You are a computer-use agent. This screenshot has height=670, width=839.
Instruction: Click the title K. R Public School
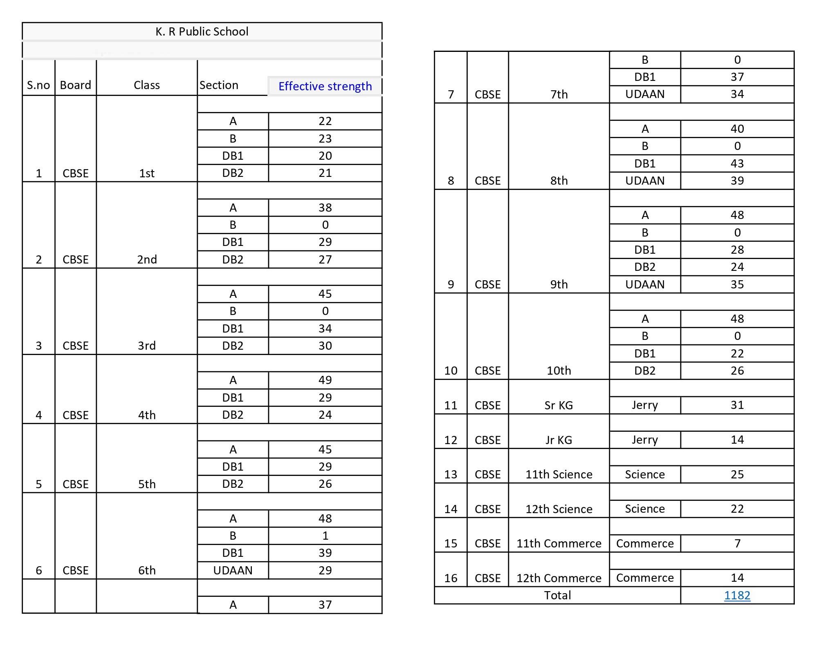tap(202, 31)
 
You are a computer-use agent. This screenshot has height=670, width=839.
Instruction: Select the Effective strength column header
tap(325, 86)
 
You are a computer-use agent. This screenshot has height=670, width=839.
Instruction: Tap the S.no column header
tap(38, 85)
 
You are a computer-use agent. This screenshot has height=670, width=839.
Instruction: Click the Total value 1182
tap(737, 595)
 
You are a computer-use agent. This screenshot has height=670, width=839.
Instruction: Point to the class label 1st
tap(147, 173)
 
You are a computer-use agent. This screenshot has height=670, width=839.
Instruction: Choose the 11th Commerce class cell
tap(559, 543)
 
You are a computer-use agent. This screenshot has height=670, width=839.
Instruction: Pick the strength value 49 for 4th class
tap(325, 380)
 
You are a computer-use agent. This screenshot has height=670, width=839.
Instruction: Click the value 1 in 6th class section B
tap(325, 536)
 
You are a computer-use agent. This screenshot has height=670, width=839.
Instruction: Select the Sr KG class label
tap(559, 405)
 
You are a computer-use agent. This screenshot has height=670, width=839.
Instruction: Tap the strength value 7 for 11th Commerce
tap(737, 543)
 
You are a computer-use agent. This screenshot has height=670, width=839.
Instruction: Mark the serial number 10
tap(451, 371)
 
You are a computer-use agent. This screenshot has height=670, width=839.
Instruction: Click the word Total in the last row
tap(557, 595)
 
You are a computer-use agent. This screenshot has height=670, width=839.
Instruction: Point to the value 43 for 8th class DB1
tap(737, 163)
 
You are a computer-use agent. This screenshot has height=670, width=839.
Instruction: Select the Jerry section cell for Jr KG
tap(645, 440)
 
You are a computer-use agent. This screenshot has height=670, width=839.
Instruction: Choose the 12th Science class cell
tap(559, 509)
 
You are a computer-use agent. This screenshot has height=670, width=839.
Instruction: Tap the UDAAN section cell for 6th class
tap(233, 570)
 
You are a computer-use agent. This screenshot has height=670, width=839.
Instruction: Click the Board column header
tap(75, 85)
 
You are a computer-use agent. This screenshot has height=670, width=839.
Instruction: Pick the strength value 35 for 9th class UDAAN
tap(737, 284)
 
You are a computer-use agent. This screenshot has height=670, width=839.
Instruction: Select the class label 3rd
tap(147, 346)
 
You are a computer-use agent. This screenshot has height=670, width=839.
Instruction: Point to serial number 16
tap(451, 578)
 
